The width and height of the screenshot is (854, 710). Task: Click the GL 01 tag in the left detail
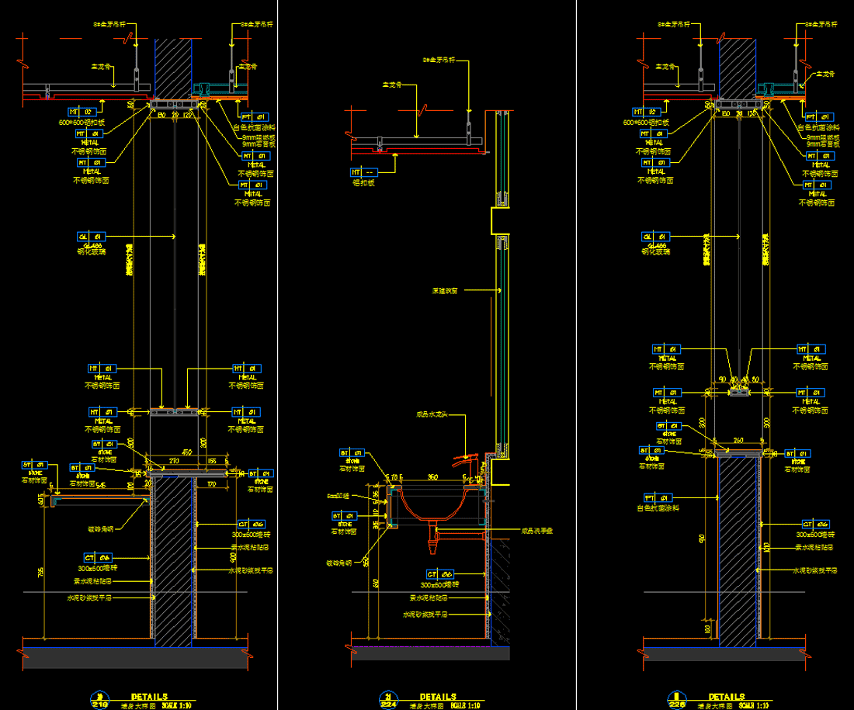point(90,236)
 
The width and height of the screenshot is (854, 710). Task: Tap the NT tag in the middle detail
point(363,171)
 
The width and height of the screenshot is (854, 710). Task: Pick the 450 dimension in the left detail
point(187,452)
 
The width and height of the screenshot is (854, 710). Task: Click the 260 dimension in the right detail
point(738,441)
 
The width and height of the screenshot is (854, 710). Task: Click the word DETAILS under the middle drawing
point(438,697)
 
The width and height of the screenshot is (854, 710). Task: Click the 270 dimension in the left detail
point(174,461)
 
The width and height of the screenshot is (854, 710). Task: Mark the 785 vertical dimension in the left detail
point(41,572)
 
